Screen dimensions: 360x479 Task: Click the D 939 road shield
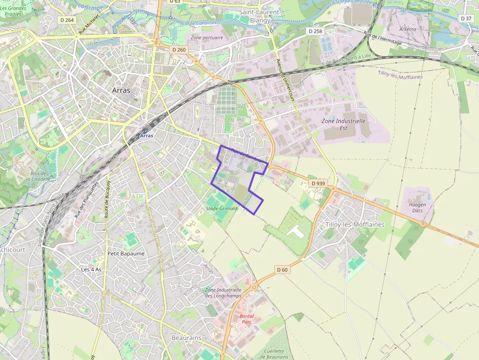pyautogui.click(x=318, y=183)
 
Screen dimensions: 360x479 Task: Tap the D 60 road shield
pyautogui.click(x=282, y=269)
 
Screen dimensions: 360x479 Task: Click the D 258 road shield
pyautogui.click(x=316, y=31)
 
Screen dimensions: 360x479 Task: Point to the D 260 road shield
pyautogui.click(x=179, y=50)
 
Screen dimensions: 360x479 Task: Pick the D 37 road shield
pyautogui.click(x=466, y=18)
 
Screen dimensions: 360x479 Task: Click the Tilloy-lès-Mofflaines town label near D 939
pyautogui.click(x=355, y=225)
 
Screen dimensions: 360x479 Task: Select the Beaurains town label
pyautogui.click(x=186, y=338)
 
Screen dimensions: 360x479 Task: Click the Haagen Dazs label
pyautogui.click(x=417, y=208)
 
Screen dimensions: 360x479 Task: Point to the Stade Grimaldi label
pyautogui.click(x=222, y=209)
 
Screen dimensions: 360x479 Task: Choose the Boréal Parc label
pyautogui.click(x=247, y=319)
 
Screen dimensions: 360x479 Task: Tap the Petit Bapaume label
pyautogui.click(x=126, y=254)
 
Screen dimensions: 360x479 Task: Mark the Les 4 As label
pyautogui.click(x=91, y=270)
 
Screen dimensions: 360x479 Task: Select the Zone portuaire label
pyautogui.click(x=207, y=38)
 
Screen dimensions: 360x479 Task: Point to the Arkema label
pyautogui.click(x=408, y=29)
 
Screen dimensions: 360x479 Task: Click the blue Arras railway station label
pyautogui.click(x=147, y=135)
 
